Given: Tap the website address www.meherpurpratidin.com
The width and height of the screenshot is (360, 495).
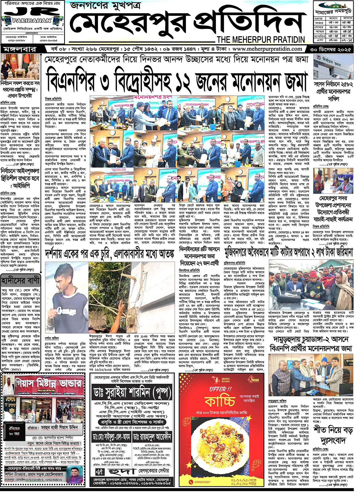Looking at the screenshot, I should [267, 49].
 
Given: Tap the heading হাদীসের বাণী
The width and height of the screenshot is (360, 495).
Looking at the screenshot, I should [21, 280].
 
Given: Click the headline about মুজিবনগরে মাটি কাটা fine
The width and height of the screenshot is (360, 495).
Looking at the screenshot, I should [288, 252].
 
